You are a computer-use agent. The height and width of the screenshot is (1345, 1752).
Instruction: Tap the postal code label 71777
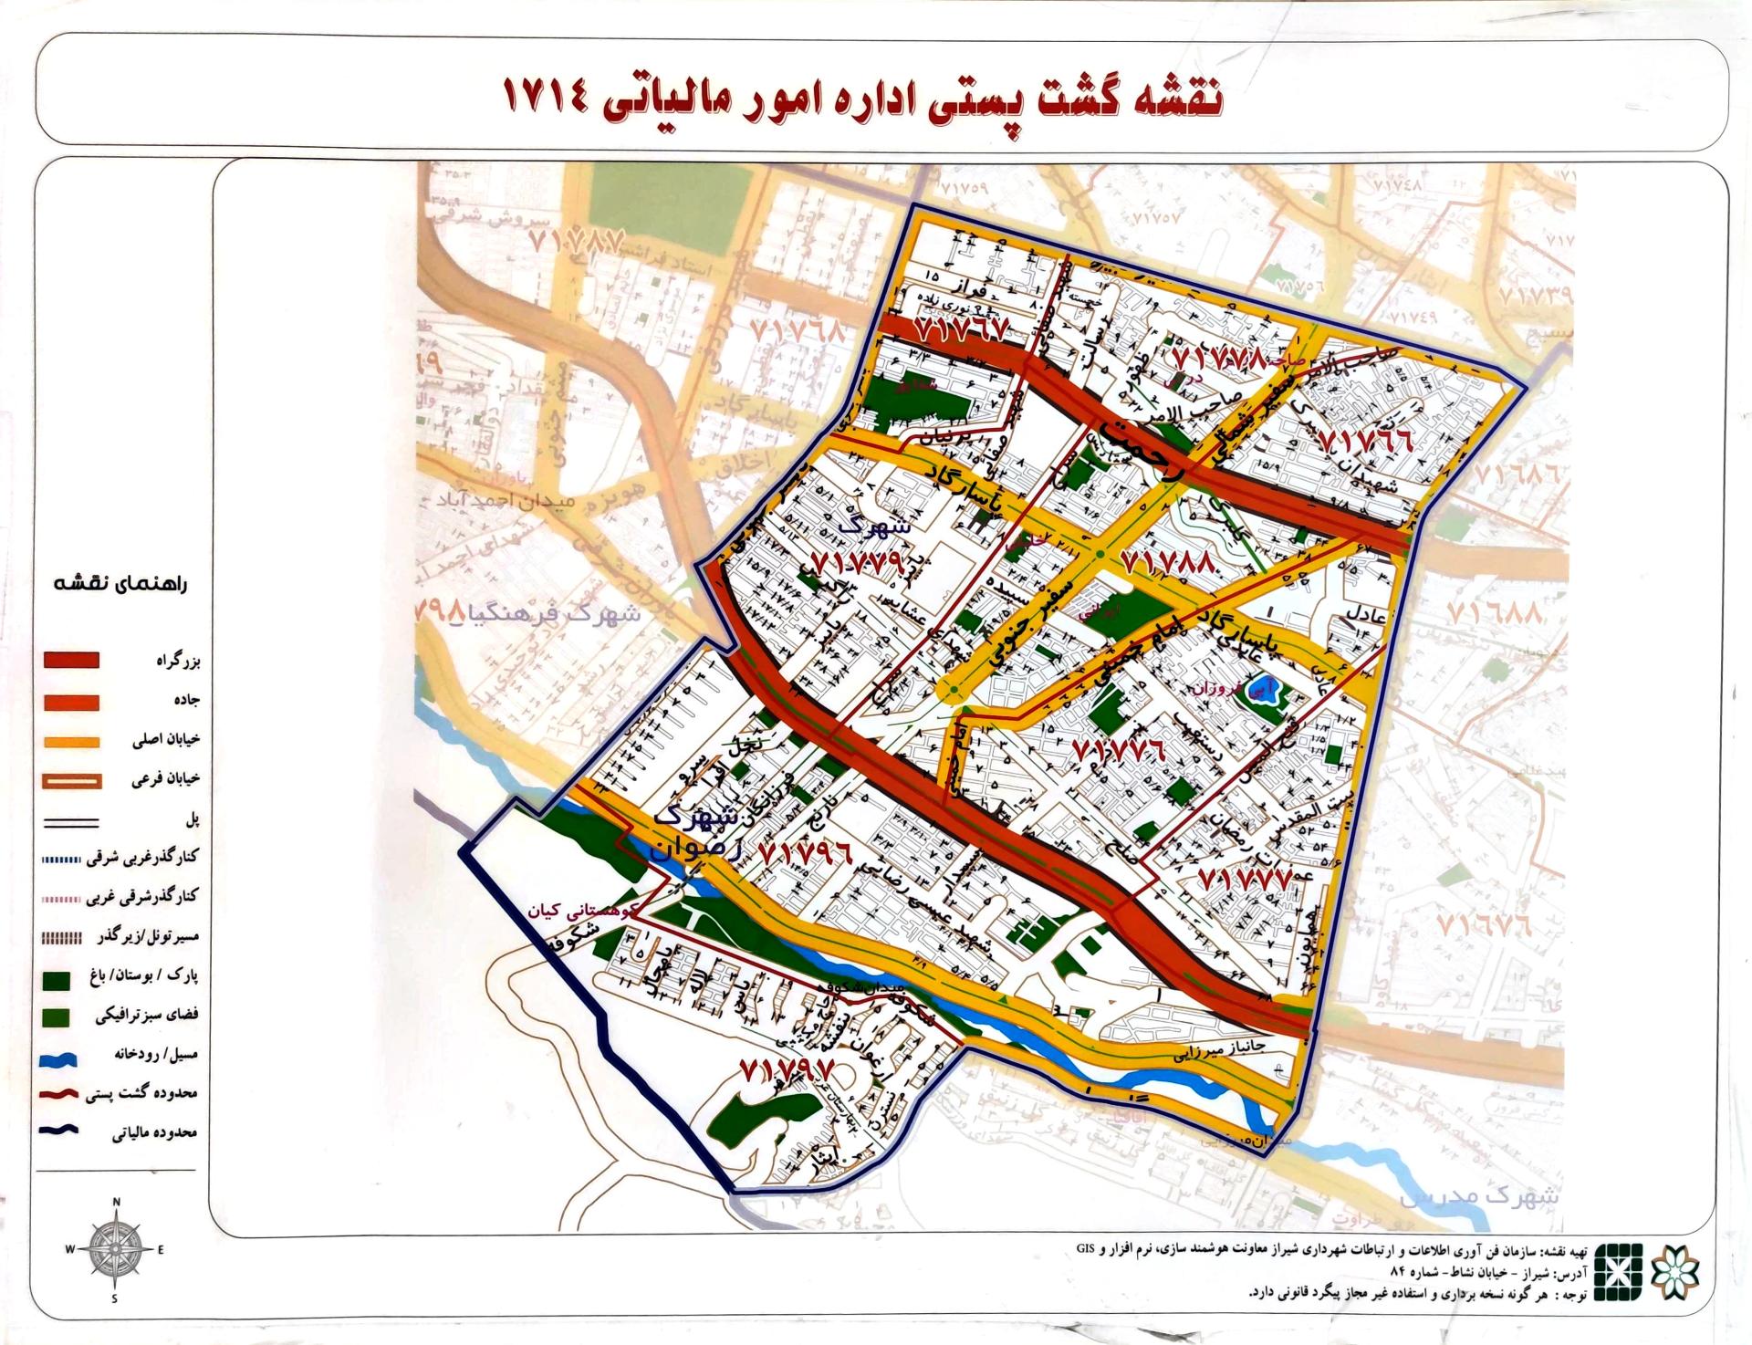click(1245, 880)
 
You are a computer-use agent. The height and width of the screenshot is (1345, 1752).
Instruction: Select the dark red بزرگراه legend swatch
click(72, 660)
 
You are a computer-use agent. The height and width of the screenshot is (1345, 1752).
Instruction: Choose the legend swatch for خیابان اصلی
click(72, 741)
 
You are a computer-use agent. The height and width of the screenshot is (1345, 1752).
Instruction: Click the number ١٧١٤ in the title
click(548, 99)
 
